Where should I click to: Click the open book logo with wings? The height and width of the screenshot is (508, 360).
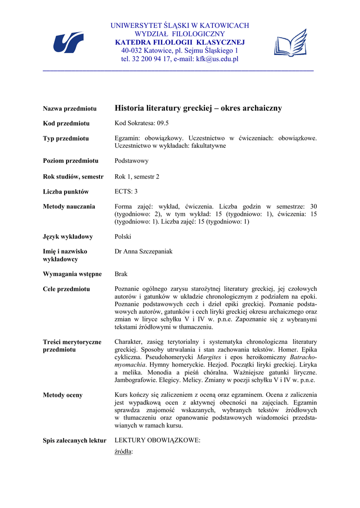[x=290, y=43]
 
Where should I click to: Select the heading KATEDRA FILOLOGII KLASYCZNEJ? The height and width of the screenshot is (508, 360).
[x=180, y=42]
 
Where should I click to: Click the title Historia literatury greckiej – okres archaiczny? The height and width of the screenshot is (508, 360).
[x=198, y=108]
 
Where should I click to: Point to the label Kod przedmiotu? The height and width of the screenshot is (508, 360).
[x=66, y=123]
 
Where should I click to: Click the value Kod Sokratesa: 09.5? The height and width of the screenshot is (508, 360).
[x=142, y=123]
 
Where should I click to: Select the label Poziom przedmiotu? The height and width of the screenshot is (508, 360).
[x=71, y=161]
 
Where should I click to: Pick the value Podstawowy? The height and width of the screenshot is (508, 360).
[x=132, y=161]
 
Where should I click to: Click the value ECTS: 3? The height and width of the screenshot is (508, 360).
[x=126, y=191]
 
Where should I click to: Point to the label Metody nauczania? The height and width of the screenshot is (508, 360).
[x=69, y=206]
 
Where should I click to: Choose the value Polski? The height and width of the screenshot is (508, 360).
[x=123, y=237]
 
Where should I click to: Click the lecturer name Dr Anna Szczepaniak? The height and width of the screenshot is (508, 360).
[x=144, y=252]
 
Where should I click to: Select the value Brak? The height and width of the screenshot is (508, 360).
[x=122, y=274]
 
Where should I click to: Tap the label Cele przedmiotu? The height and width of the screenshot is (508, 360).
[x=67, y=289]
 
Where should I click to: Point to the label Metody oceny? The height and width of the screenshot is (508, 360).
[x=63, y=395]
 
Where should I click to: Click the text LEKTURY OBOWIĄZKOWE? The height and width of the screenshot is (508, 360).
[x=157, y=440]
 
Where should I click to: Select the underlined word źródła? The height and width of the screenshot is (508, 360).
[x=124, y=451]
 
